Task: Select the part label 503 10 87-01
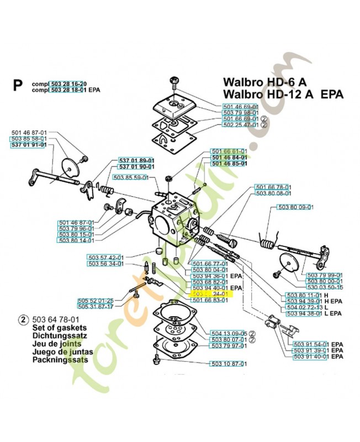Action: point(227,364)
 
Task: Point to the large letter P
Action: point(18,85)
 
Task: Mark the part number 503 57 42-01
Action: point(106,257)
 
